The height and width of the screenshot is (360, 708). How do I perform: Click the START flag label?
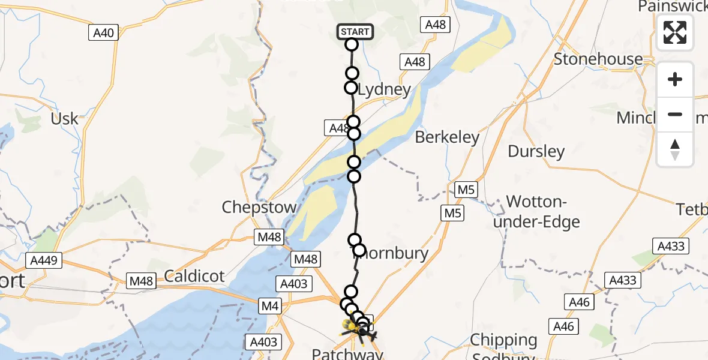[355, 31]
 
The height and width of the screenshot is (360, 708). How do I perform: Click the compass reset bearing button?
[675, 149]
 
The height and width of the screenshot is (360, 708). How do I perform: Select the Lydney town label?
[384, 91]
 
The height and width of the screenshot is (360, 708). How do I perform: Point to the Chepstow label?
[259, 208]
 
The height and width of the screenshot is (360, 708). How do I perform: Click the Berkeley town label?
[448, 137]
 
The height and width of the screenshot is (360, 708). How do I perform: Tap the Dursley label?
[536, 151]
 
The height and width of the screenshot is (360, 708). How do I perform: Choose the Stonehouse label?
[598, 59]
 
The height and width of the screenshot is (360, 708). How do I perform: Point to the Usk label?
[65, 118]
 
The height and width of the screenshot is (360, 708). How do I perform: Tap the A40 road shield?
[104, 33]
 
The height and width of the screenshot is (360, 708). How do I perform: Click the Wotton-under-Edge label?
[544, 211]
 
